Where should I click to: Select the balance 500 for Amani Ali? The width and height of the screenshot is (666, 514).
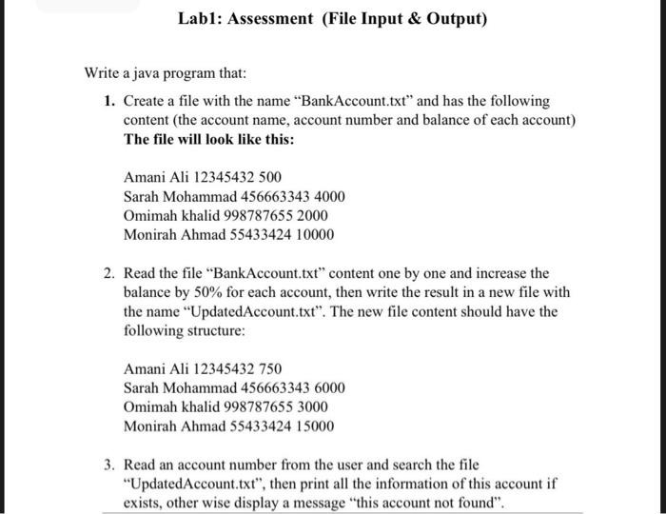click(270, 177)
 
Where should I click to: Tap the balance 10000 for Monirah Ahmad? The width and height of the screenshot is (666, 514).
click(314, 234)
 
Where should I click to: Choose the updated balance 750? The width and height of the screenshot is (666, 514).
click(270, 369)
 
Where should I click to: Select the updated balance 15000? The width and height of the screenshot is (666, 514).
click(314, 426)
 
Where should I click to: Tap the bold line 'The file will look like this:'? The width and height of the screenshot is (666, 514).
click(209, 138)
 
